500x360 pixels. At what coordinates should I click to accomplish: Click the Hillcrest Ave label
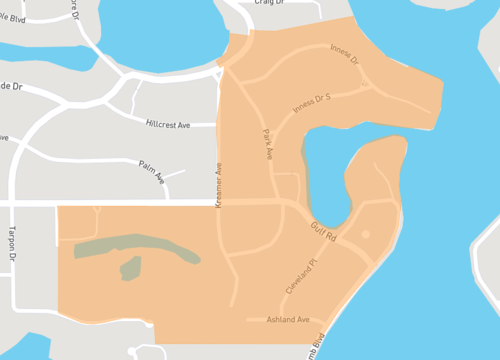pyautogui.click(x=167, y=124)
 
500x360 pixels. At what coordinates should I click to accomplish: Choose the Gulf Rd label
pyautogui.click(x=323, y=229)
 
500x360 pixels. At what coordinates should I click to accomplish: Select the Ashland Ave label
pyautogui.click(x=288, y=320)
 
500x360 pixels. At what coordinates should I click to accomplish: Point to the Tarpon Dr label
pyautogui.click(x=13, y=239)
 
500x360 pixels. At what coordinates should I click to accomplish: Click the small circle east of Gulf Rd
pyautogui.click(x=365, y=234)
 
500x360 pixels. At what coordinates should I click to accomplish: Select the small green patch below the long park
pyautogui.click(x=130, y=268)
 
